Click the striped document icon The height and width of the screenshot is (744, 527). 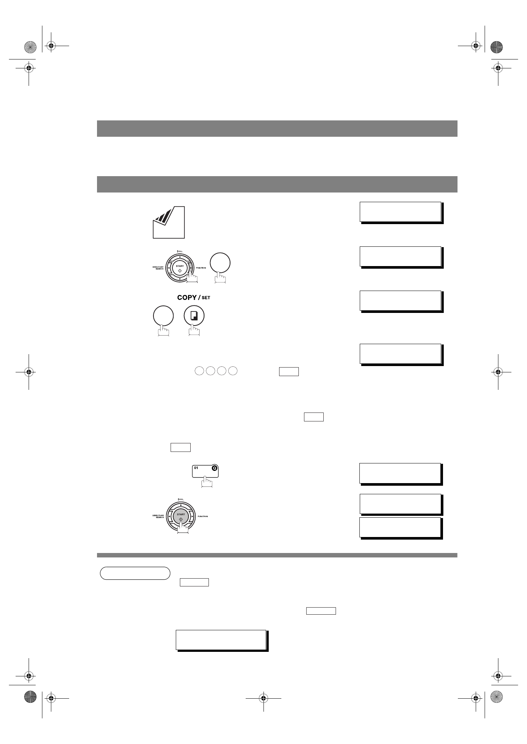[x=169, y=222]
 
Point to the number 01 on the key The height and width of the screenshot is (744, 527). [x=196, y=468]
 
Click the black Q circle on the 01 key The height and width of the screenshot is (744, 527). [x=214, y=468]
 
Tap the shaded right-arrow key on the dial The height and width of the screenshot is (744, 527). [x=191, y=268]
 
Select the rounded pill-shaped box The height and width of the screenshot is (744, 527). [x=135, y=573]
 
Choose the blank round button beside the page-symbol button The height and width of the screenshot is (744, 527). [x=163, y=316]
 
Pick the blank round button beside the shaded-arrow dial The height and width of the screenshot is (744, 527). [x=220, y=263]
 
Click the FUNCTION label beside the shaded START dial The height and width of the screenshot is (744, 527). [x=203, y=517]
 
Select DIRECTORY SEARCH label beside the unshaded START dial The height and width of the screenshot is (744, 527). [x=158, y=268]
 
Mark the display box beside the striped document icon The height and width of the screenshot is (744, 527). [x=400, y=212]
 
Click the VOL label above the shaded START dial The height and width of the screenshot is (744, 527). [x=180, y=499]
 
